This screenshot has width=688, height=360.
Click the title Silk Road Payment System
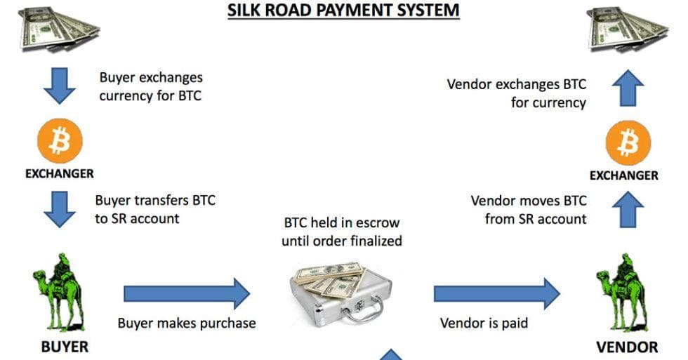coord(343,11)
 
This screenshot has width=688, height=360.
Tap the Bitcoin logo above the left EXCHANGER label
coord(60,142)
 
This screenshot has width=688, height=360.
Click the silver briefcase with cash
coord(341,295)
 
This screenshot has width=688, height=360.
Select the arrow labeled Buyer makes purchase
coord(186,293)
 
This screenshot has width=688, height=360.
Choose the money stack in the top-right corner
coord(626,28)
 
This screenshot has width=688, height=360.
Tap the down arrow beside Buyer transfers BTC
coord(60,208)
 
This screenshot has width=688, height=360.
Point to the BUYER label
coord(65,347)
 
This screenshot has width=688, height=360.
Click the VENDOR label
coord(627,347)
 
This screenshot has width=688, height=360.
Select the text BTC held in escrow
coord(341,223)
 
